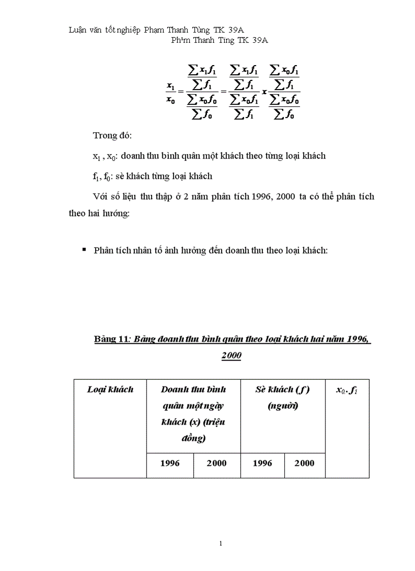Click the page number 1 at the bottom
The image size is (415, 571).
221,544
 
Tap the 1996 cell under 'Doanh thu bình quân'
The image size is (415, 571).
170,463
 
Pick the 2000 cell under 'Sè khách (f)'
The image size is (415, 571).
304,463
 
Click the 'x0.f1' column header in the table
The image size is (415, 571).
347,390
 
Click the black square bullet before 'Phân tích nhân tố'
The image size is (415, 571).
84,250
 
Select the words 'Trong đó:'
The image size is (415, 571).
112,136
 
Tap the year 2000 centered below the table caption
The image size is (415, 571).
231,356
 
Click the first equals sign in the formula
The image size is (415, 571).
181,93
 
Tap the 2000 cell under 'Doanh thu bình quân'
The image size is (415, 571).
217,463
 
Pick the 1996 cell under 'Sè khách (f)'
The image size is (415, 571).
262,463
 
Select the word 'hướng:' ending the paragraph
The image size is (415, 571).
117,214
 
